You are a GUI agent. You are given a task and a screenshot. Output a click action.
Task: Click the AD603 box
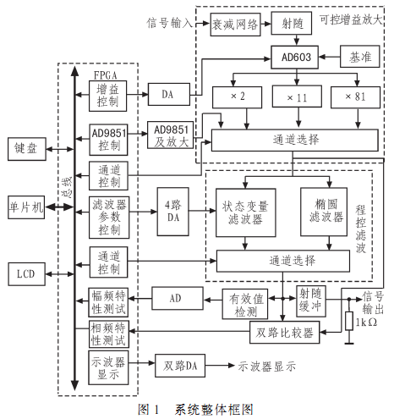click(x=294, y=58)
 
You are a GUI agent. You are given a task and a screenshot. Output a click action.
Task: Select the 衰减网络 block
click(x=235, y=25)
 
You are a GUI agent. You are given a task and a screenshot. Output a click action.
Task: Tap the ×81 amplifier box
click(x=355, y=97)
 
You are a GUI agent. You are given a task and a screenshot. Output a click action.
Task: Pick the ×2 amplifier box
click(x=237, y=97)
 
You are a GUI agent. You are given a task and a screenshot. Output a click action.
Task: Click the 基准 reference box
click(x=360, y=57)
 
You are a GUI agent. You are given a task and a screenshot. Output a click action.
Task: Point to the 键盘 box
click(x=27, y=149)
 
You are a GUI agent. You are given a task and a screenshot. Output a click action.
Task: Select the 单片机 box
click(x=26, y=207)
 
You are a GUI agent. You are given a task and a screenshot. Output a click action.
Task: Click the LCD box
click(x=26, y=274)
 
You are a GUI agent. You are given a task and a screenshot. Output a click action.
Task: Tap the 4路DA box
click(x=173, y=212)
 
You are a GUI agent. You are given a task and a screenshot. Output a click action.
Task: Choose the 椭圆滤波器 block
click(x=324, y=212)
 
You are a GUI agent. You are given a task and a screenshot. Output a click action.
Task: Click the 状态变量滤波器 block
click(x=246, y=212)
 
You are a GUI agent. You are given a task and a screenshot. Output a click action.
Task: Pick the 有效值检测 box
click(x=245, y=304)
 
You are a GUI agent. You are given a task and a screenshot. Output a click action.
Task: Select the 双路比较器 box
click(x=285, y=333)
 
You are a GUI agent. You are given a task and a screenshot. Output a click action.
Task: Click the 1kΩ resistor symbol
click(x=349, y=321)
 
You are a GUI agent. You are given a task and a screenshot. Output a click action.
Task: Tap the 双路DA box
click(x=180, y=366)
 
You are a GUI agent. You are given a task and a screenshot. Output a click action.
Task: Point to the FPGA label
click(x=105, y=75)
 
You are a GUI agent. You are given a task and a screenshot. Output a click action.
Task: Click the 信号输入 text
click(x=169, y=23)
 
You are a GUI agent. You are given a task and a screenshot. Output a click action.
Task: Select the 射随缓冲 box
click(x=311, y=301)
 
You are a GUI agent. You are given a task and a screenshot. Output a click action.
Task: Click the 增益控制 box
click(x=107, y=96)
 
